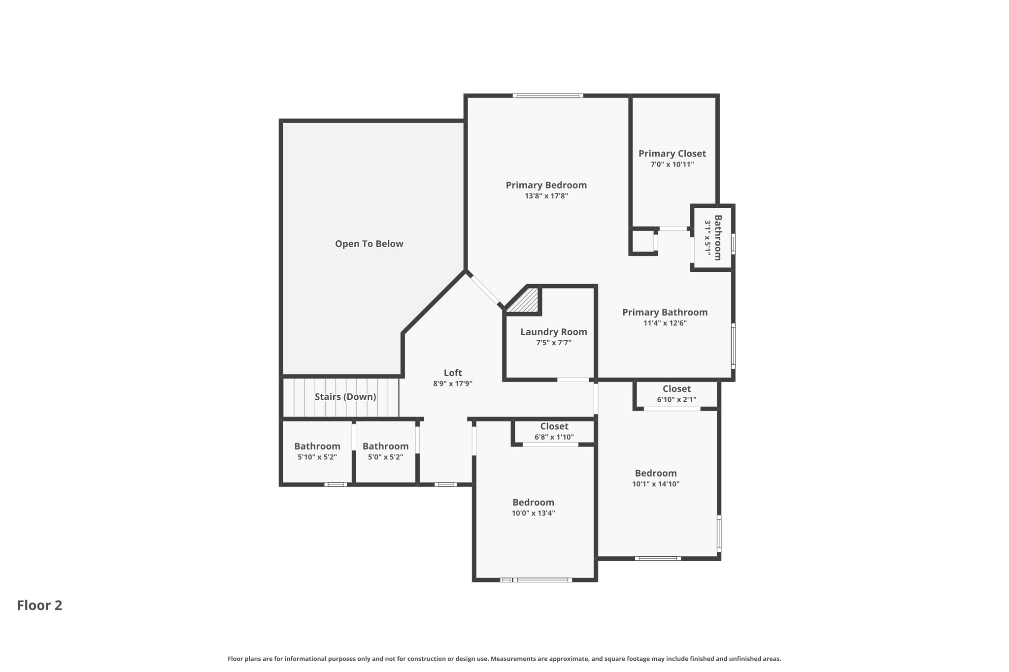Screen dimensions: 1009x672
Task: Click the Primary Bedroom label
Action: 546,185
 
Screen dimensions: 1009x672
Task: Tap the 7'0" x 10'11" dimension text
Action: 672,164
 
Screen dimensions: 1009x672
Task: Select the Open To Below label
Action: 369,244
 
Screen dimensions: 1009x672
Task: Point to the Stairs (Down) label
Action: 345,397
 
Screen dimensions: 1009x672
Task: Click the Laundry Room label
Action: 554,332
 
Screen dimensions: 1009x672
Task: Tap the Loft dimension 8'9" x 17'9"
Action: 453,384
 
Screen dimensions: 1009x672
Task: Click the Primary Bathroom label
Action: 665,312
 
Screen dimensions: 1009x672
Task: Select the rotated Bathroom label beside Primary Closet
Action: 718,237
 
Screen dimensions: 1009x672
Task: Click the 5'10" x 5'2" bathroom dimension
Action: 317,457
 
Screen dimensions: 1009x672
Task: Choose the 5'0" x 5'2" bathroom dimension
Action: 385,457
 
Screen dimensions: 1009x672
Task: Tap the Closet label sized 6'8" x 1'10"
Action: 554,426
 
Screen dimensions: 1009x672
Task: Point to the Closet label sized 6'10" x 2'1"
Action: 676,389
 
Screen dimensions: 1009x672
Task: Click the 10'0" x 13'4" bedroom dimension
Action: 534,513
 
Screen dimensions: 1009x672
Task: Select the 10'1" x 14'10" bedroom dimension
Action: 656,484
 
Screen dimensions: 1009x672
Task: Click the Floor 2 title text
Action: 40,605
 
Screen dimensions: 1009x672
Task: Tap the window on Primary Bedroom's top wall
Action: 548,96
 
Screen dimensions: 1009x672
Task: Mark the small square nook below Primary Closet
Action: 643,242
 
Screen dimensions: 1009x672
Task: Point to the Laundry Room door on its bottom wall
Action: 573,380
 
